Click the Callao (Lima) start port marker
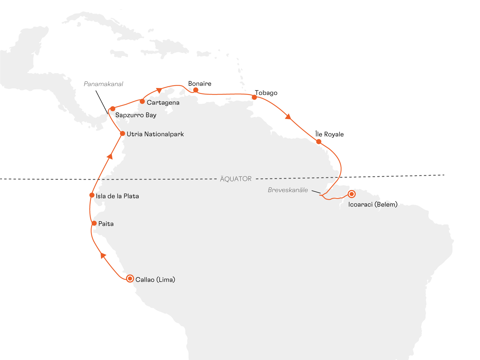[x=130, y=278]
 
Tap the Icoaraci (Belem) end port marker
[x=351, y=194]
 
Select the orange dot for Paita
[x=94, y=223]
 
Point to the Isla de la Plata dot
[x=92, y=195]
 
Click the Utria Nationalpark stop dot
[x=122, y=134]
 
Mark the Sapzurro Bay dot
[x=113, y=109]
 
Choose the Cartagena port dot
[x=142, y=101]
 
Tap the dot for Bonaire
[x=196, y=90]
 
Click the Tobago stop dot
[x=254, y=97]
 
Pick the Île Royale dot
[x=318, y=142]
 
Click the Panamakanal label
[x=103, y=84]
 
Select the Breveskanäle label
[x=288, y=190]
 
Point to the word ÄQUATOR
[x=236, y=179]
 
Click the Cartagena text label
[x=163, y=103]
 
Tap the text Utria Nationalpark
[x=155, y=134]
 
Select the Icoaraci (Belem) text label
[x=373, y=204]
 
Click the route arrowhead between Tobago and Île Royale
[x=288, y=117]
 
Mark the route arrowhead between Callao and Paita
[x=103, y=255]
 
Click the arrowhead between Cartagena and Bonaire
[x=159, y=90]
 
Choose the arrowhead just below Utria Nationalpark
[x=110, y=156]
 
